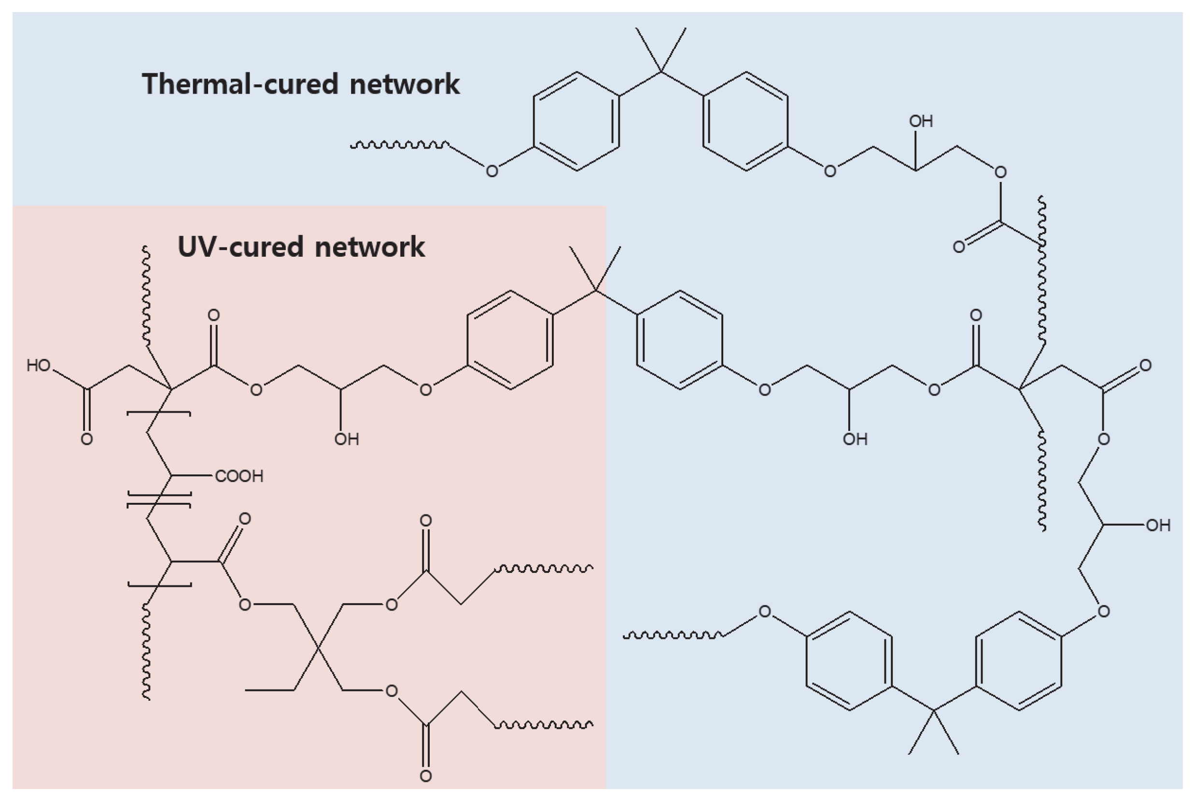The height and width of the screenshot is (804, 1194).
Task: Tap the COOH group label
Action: click(x=239, y=476)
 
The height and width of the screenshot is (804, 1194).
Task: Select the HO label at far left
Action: click(x=39, y=366)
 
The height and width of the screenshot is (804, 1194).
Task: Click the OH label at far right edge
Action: click(x=1158, y=525)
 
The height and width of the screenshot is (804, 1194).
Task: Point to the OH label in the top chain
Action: click(x=921, y=122)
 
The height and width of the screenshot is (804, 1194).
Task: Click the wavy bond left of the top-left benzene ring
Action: click(x=399, y=145)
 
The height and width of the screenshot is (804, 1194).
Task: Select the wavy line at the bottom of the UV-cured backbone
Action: click(x=146, y=651)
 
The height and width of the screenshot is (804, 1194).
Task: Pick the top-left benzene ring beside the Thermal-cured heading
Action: click(x=576, y=122)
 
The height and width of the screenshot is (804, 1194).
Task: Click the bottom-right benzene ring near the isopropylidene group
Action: click(x=1018, y=661)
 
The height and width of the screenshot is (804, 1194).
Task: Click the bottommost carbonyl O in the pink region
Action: click(x=425, y=776)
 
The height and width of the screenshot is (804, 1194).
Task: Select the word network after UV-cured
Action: click(x=369, y=247)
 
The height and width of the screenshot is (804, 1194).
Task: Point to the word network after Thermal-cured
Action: click(x=405, y=84)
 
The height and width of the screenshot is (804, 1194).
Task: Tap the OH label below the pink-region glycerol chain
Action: click(x=346, y=440)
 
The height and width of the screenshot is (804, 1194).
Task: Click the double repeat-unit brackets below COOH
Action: click(x=159, y=500)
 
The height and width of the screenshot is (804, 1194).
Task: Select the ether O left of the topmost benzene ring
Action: click(x=492, y=171)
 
